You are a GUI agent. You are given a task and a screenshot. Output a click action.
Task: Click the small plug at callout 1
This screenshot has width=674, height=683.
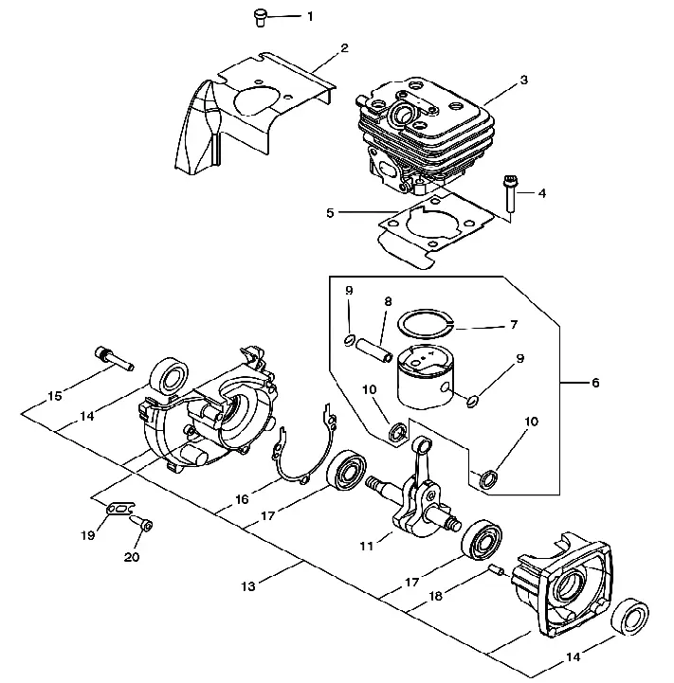point(260,18)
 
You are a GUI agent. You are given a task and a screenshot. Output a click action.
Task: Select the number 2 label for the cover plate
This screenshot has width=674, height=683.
point(344,48)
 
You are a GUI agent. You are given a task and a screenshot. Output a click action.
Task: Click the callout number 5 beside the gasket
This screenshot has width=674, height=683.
point(330,213)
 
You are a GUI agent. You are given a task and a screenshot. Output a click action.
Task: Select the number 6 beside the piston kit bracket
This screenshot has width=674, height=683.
point(595,383)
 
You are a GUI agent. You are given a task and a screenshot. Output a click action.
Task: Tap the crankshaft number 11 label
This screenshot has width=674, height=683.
point(367,546)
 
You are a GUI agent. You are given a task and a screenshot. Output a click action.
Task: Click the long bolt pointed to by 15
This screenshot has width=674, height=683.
point(114,358)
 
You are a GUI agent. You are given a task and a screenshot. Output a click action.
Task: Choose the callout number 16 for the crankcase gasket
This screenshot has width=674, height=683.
point(242,499)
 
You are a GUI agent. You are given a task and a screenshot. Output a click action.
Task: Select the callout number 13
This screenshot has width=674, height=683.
point(247,586)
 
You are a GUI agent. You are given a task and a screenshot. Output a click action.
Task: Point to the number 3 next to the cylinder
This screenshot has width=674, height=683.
point(523,81)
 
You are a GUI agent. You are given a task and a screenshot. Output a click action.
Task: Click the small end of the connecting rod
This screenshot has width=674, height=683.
point(422,445)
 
